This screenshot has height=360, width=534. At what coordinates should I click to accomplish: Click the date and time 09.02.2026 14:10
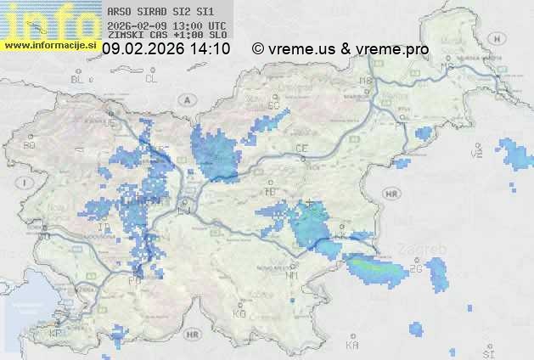tap(166, 49)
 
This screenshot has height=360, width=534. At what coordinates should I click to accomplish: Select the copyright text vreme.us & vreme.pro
tap(340, 49)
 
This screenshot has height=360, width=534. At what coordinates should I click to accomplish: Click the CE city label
tap(301, 149)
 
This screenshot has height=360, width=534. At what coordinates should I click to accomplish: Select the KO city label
tap(239, 314)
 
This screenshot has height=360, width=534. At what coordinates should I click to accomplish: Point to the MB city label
tap(367, 82)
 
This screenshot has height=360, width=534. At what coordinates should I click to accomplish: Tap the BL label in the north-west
tap(79, 79)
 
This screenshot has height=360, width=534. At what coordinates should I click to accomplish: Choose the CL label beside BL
tap(151, 79)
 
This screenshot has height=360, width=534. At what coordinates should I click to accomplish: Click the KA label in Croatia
tap(352, 345)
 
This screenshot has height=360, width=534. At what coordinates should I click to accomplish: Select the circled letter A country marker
tap(185, 99)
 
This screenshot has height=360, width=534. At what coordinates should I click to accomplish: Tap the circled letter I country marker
tap(27, 183)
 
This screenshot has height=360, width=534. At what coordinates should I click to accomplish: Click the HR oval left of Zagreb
tap(391, 194)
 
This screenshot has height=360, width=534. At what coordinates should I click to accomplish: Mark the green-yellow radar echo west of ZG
tap(374, 269)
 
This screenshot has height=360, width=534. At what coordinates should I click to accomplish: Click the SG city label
tap(273, 104)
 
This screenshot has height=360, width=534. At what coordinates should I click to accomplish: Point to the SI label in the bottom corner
tap(487, 352)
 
